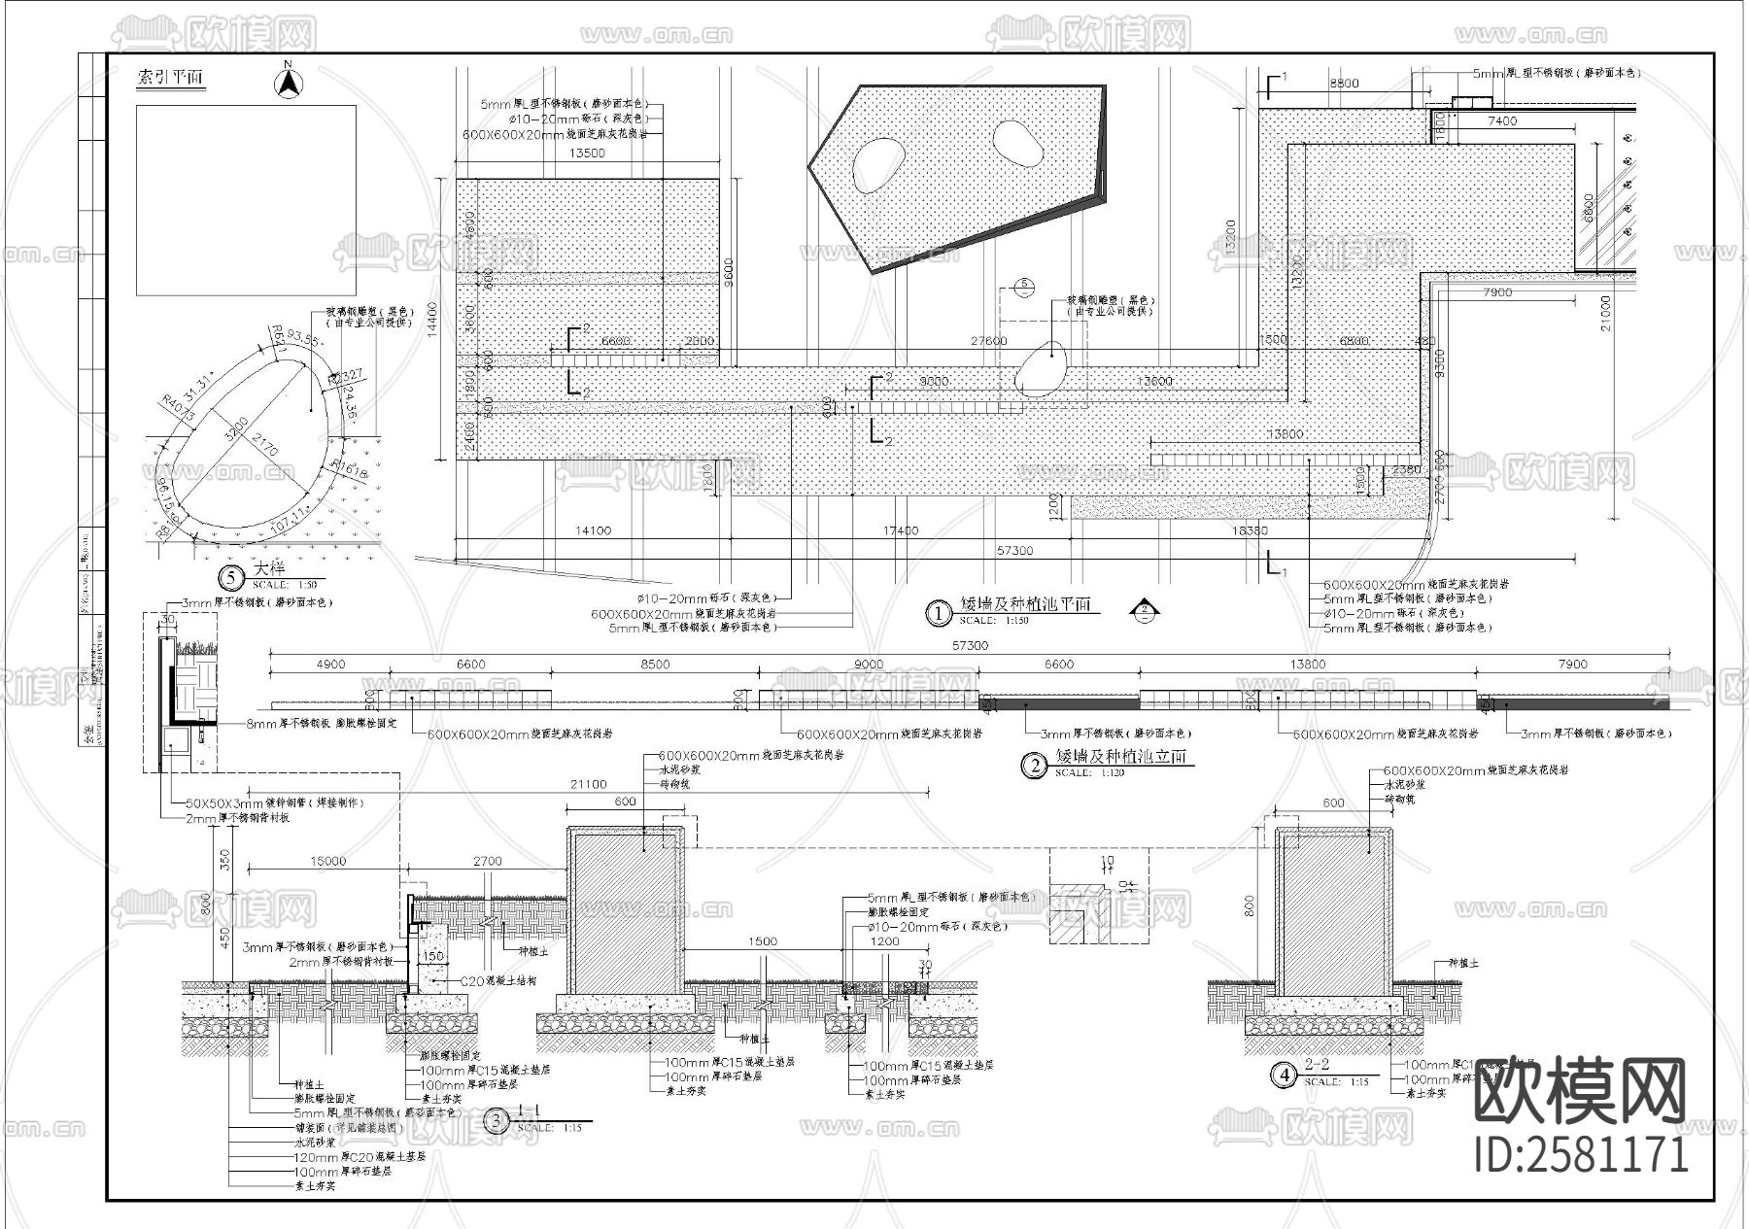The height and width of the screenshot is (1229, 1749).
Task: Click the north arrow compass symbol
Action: tap(288, 82)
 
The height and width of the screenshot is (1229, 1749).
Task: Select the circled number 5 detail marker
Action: tap(231, 578)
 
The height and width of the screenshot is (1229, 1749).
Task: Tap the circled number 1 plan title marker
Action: tap(938, 613)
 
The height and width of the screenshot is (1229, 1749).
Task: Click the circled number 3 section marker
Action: tap(497, 1121)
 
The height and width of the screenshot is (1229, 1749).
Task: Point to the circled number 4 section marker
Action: tap(1286, 1075)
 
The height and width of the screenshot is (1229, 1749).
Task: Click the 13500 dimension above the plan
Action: tap(586, 154)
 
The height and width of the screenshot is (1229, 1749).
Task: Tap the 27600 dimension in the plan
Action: tap(989, 341)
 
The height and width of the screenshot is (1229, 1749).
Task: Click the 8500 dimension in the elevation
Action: tap(655, 665)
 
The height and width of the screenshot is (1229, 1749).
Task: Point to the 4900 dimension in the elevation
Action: tap(330, 665)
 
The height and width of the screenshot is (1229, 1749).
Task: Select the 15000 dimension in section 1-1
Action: tap(328, 861)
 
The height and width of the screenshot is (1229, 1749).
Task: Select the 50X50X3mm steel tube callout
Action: tap(274, 803)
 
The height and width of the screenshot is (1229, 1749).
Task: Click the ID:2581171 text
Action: tap(1582, 1154)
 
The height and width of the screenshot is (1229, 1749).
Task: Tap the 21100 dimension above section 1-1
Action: tap(589, 784)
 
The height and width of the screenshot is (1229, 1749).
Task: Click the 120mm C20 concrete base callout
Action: tap(360, 1157)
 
